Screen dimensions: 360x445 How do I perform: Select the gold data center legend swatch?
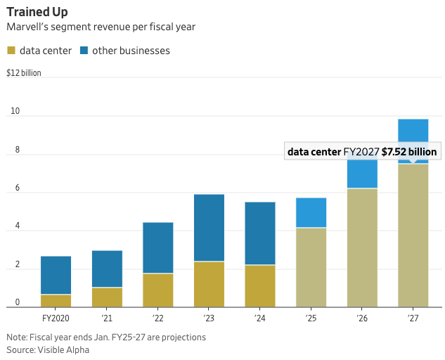tap(11, 51)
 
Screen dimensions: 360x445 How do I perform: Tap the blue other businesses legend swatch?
tap(84, 51)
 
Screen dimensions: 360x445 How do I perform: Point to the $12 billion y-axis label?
tap(24, 73)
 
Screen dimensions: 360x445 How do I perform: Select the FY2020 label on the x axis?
tap(56, 318)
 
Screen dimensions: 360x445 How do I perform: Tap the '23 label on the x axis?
tap(209, 318)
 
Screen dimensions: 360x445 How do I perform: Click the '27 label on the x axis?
tap(413, 318)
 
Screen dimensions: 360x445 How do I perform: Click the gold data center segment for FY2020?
tap(56, 300)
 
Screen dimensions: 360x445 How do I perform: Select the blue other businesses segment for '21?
tap(107, 269)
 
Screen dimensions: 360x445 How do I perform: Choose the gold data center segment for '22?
tap(157, 290)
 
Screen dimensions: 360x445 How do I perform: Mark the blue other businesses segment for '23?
tap(209, 228)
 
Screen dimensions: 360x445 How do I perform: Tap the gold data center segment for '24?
tap(260, 285)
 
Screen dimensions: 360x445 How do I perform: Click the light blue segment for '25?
tap(311, 212)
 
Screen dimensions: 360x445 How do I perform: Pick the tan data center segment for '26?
tap(362, 247)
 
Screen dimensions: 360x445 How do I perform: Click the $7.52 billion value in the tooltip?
tap(409, 152)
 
